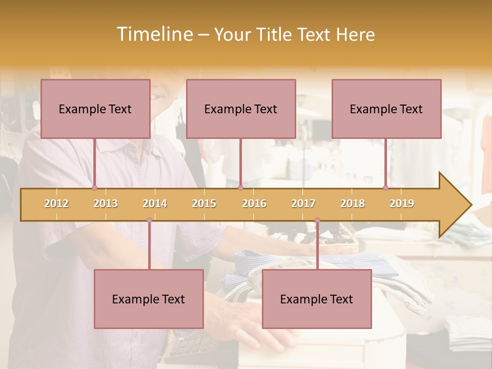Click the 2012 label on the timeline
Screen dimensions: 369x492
pyautogui.click(x=56, y=203)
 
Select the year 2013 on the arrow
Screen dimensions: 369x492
pyautogui.click(x=106, y=203)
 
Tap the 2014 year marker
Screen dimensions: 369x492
pyautogui.click(x=155, y=203)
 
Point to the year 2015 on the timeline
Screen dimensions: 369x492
pyautogui.click(x=204, y=203)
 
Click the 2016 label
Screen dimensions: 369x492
pyautogui.click(x=254, y=203)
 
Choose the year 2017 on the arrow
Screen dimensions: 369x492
pyautogui.click(x=303, y=203)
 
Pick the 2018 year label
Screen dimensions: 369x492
pyautogui.click(x=353, y=203)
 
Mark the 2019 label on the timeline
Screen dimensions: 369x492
pyautogui.click(x=402, y=203)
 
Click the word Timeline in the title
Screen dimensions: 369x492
pyautogui.click(x=153, y=34)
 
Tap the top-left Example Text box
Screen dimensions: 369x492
pyautogui.click(x=95, y=109)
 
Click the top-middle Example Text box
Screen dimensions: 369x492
pyautogui.click(x=241, y=109)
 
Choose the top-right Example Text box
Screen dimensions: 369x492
pyautogui.click(x=386, y=109)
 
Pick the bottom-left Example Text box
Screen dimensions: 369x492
pyautogui.click(x=149, y=299)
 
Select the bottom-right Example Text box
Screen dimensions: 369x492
pyautogui.click(x=317, y=299)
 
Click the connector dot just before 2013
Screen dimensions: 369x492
pyautogui.click(x=94, y=188)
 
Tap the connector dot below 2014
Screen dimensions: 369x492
pyautogui.click(x=149, y=220)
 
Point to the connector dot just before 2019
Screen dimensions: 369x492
pyautogui.click(x=385, y=188)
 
